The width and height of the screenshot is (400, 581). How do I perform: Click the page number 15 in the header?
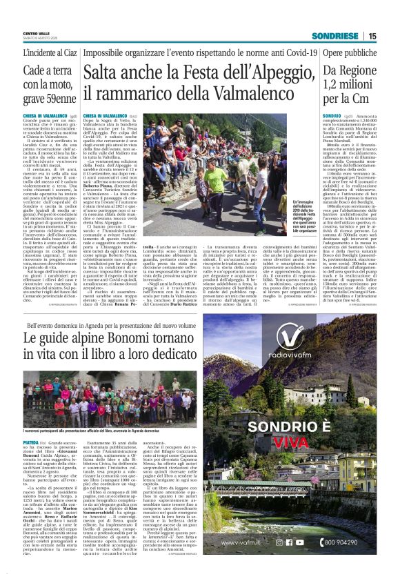[x=372, y=36]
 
